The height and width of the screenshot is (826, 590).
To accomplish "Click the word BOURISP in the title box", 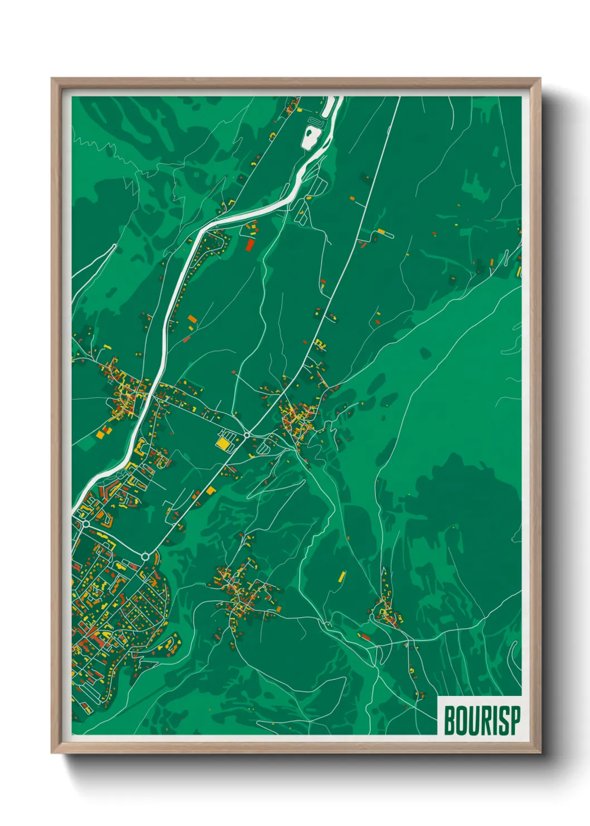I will click(482, 721).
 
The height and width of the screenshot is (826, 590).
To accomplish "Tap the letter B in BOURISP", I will click(449, 721).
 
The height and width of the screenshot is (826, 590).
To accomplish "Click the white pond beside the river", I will click(309, 137).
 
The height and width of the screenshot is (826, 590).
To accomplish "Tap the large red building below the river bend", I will click(250, 244).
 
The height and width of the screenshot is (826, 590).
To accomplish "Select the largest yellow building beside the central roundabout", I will click(224, 443).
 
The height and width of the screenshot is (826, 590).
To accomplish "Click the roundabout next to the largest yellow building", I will click(246, 435).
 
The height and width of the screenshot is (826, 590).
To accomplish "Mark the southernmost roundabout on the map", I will click(146, 556).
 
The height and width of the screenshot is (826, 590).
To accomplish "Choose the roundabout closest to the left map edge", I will click(85, 525).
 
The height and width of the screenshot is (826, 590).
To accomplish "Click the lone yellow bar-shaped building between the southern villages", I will click(342, 576).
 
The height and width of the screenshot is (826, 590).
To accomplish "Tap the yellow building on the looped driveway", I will click(381, 231).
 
